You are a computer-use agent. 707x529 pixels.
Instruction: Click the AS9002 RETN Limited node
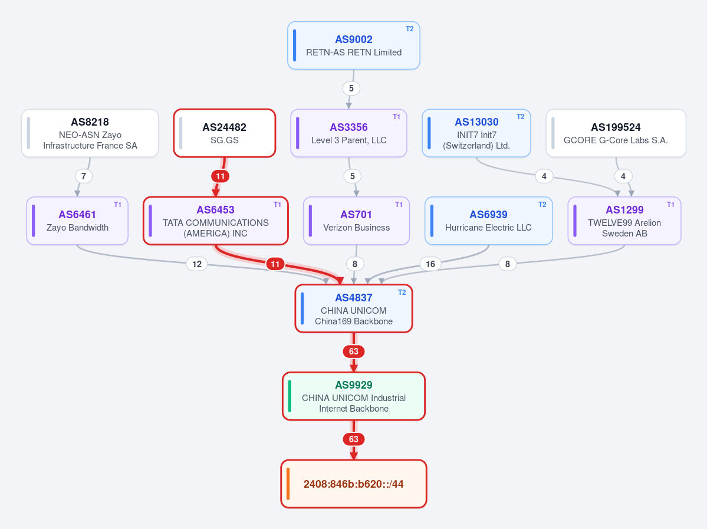pyautogui.click(x=354, y=45)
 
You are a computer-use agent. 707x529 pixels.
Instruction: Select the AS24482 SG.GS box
pyautogui.click(x=225, y=133)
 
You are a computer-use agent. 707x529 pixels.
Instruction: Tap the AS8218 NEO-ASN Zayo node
pyautogui.click(x=90, y=133)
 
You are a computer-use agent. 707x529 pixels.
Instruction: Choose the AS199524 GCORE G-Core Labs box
pyautogui.click(x=616, y=133)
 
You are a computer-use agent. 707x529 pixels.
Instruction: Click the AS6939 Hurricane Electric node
pyautogui.click(x=488, y=221)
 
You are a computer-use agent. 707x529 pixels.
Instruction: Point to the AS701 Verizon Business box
pyautogui.click(x=356, y=221)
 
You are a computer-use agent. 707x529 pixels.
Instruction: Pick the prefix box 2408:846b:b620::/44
pyautogui.click(x=354, y=484)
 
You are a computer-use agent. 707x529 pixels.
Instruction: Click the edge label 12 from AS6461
pyautogui.click(x=197, y=264)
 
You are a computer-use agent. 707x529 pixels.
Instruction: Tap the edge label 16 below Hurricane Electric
pyautogui.click(x=430, y=264)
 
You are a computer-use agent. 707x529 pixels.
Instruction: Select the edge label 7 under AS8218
pyautogui.click(x=83, y=176)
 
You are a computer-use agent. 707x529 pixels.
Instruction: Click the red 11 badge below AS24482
pyautogui.click(x=220, y=176)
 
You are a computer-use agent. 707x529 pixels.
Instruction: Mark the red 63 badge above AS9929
pyautogui.click(x=354, y=351)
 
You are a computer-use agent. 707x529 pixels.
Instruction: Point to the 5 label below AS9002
pyautogui.click(x=351, y=88)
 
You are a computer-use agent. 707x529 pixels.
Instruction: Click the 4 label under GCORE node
pyautogui.click(x=623, y=176)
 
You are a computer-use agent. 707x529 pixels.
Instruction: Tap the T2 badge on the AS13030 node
pyautogui.click(x=520, y=117)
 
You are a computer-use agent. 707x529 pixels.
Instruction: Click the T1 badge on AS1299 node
pyautogui.click(x=670, y=205)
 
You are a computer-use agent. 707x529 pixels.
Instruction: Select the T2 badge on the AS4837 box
pyautogui.click(x=402, y=293)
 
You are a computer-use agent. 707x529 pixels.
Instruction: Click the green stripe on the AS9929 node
pyautogui.click(x=290, y=396)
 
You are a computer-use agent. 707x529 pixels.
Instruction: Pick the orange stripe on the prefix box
pyautogui.click(x=288, y=484)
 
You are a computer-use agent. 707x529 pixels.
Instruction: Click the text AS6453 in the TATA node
pyautogui.click(x=216, y=210)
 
